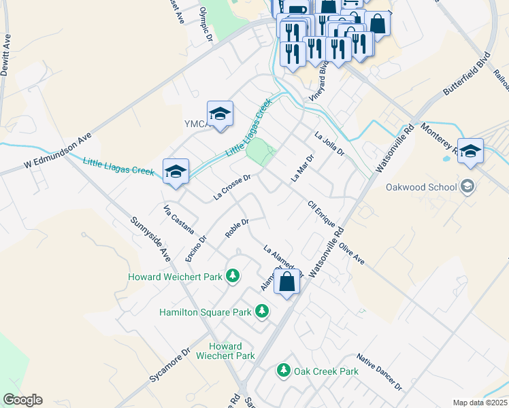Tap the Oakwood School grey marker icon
point(467,186)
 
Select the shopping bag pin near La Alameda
point(287,281)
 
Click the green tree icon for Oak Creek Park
point(284,371)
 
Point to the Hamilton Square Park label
point(206,312)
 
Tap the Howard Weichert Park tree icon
point(233,276)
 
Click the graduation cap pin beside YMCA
point(220,115)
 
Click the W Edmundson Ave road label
point(57,152)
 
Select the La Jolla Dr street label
point(329,143)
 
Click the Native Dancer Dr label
point(379,371)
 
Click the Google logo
point(22,400)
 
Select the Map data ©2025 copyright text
point(479,403)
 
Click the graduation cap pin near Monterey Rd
point(470,152)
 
